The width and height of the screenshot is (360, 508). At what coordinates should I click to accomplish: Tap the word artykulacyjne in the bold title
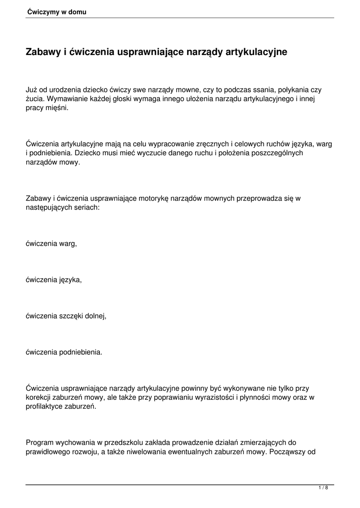pos(258,52)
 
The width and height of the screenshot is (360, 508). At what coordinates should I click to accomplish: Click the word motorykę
pos(153,199)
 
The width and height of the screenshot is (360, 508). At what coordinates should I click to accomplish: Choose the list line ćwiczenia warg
pos(52,244)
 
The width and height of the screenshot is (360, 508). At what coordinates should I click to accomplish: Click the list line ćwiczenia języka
pos(54,280)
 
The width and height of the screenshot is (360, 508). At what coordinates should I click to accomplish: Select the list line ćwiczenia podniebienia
pos(64,353)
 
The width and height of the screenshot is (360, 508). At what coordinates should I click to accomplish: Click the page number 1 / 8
pos(323,488)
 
